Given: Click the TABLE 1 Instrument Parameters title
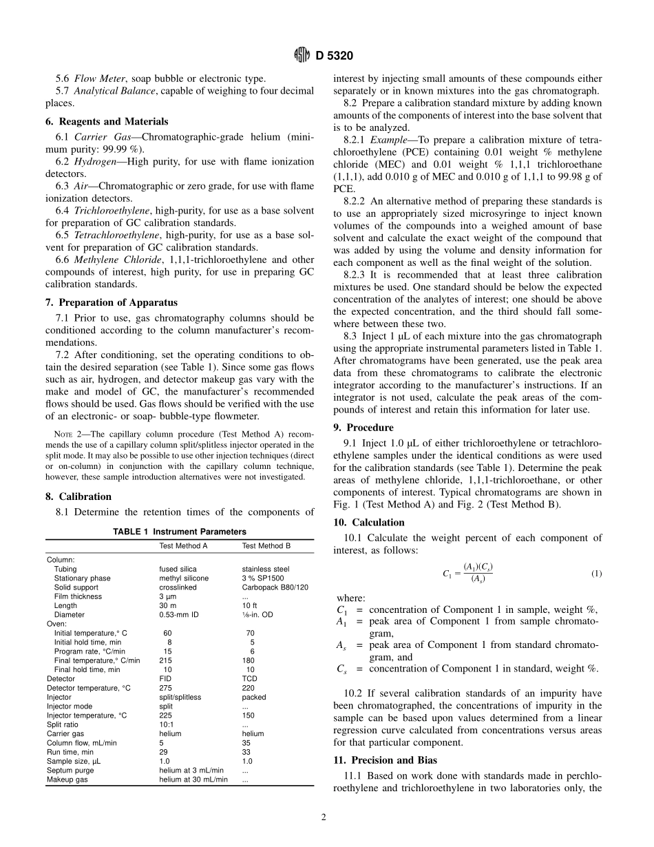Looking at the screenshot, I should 179,532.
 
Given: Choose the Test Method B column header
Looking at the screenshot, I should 266,545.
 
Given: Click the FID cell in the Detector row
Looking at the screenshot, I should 165,678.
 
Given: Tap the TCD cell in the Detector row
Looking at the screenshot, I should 249,678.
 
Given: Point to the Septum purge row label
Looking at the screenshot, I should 70,770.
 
